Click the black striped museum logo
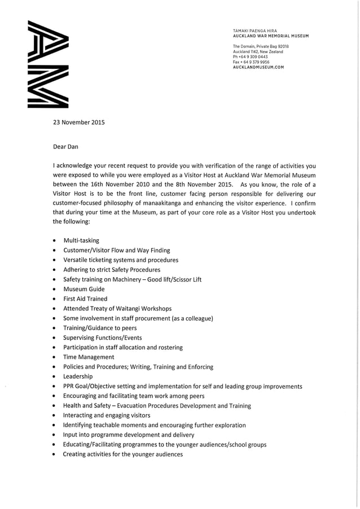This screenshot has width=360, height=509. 48,64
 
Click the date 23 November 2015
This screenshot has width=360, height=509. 78,122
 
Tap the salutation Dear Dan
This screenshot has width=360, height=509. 65,147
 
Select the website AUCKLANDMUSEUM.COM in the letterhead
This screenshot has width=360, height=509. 258,67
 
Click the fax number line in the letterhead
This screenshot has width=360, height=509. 251,62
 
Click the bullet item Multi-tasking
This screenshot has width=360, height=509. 81,240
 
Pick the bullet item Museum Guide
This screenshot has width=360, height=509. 84,289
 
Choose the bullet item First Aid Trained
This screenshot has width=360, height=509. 85,299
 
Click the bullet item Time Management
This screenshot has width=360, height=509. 88,357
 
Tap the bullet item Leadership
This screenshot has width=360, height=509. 77,376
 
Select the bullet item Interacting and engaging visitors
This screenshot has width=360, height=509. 110,415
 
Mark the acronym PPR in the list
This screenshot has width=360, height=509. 69,387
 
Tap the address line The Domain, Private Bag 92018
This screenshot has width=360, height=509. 261,46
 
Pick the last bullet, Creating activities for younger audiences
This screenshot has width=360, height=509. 122,454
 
